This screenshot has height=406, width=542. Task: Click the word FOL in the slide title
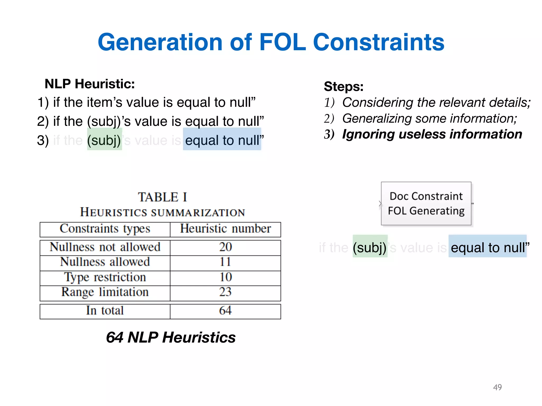[x=282, y=42]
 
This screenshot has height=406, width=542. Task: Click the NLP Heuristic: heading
[x=90, y=84]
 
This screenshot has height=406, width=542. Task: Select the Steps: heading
[x=344, y=86]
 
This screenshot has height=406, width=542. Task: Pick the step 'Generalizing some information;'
[x=429, y=118]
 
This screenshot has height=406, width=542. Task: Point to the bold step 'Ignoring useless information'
[x=432, y=134]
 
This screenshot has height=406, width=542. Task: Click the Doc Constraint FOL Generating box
[x=426, y=204]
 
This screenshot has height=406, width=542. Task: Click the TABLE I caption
[x=162, y=197]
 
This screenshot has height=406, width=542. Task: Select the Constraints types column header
[x=105, y=229]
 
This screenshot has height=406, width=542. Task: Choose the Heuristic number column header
[x=225, y=229]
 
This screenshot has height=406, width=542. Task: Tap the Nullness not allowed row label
[x=105, y=247]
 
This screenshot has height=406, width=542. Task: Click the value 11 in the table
[x=225, y=262]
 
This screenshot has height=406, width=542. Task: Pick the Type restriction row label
[x=105, y=277]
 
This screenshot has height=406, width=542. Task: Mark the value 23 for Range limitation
[x=225, y=292]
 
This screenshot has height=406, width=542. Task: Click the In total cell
[x=105, y=311]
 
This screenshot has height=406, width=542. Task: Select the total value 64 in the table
[x=225, y=311]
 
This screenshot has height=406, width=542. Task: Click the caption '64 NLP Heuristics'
[x=171, y=338]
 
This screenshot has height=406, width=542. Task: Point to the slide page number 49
[x=497, y=387]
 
